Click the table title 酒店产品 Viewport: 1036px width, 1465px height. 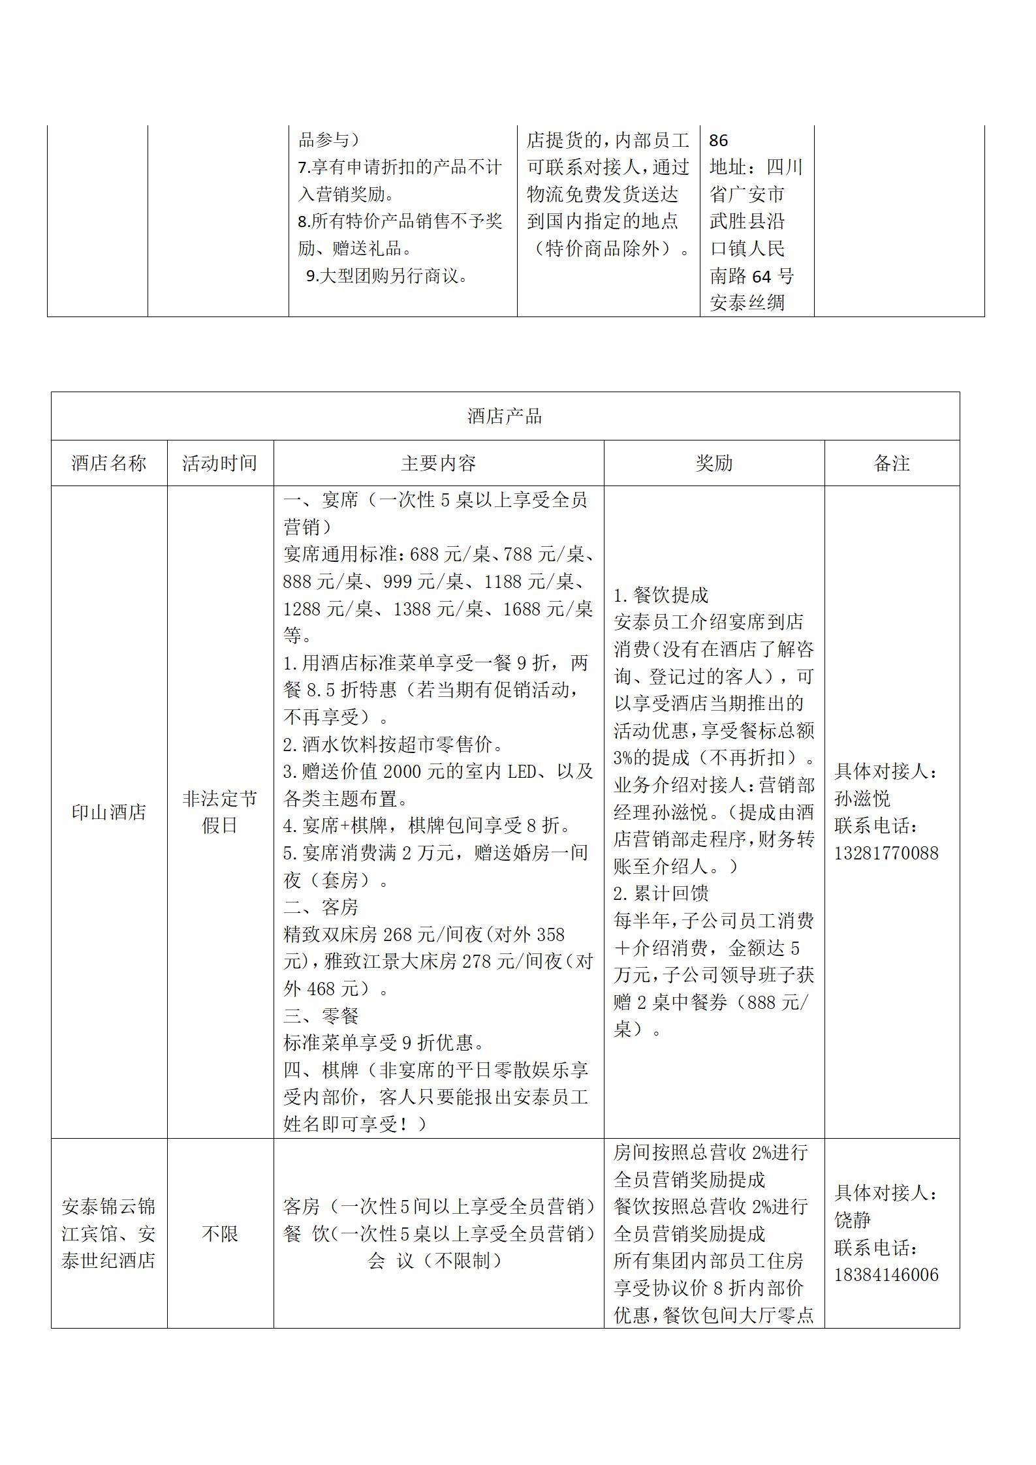[x=505, y=416]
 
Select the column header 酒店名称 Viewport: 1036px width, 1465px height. [x=109, y=463]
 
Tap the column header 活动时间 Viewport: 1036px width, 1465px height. [x=220, y=463]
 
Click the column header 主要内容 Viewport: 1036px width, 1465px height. [x=439, y=463]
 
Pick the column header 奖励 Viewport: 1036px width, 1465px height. [x=714, y=463]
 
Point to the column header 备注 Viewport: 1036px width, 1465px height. [x=892, y=463]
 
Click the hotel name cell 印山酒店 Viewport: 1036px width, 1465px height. [x=109, y=812]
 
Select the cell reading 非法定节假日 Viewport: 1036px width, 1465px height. [x=220, y=812]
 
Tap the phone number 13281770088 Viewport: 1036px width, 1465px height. [x=886, y=853]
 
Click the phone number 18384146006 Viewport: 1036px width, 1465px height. [x=886, y=1275]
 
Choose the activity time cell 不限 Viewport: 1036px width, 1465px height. [x=220, y=1234]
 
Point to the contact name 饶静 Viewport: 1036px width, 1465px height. [x=853, y=1220]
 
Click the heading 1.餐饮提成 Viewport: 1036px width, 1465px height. [x=661, y=595]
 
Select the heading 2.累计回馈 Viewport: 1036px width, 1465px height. [x=661, y=894]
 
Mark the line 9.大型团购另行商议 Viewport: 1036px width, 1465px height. [x=388, y=276]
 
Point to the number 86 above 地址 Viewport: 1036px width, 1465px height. [x=718, y=140]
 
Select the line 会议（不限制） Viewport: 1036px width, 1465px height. [x=436, y=1261]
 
